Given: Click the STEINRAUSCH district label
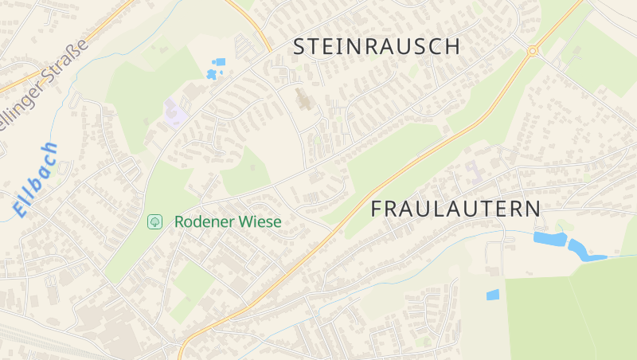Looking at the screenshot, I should [x=377, y=46].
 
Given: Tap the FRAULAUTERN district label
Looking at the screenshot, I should [x=456, y=209].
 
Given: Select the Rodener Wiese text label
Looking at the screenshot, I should [x=228, y=221].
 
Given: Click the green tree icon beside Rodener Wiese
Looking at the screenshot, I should [x=155, y=221].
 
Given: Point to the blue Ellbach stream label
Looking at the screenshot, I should [x=36, y=180].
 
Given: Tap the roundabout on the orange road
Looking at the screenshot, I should [x=532, y=51].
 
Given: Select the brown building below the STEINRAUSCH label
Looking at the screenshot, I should [x=303, y=100].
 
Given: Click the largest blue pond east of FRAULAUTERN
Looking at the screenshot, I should [x=549, y=238].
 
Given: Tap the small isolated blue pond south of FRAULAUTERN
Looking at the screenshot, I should [x=493, y=295].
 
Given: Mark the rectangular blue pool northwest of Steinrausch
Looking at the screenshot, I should [x=220, y=61].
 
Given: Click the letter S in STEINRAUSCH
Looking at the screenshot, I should [x=299, y=46].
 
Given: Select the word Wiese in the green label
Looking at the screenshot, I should [x=261, y=221].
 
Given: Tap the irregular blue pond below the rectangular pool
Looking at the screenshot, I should [x=211, y=74].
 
